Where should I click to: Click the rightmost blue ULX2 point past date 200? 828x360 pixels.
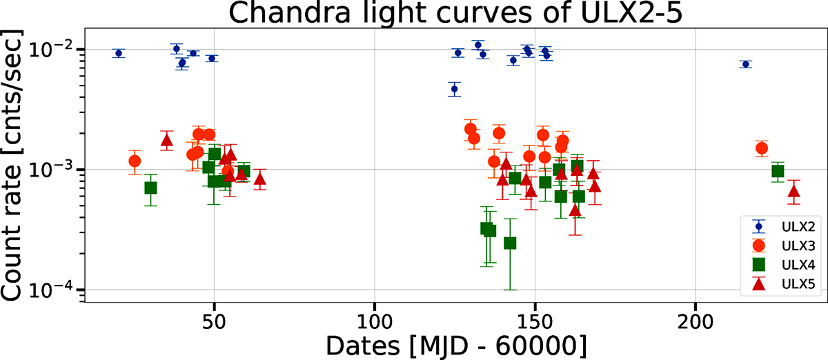[x=745, y=64]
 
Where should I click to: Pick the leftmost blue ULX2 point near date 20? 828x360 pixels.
[x=119, y=53]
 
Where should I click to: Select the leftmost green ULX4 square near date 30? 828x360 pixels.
[x=150, y=188]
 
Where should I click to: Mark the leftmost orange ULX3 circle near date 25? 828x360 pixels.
[x=135, y=161]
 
